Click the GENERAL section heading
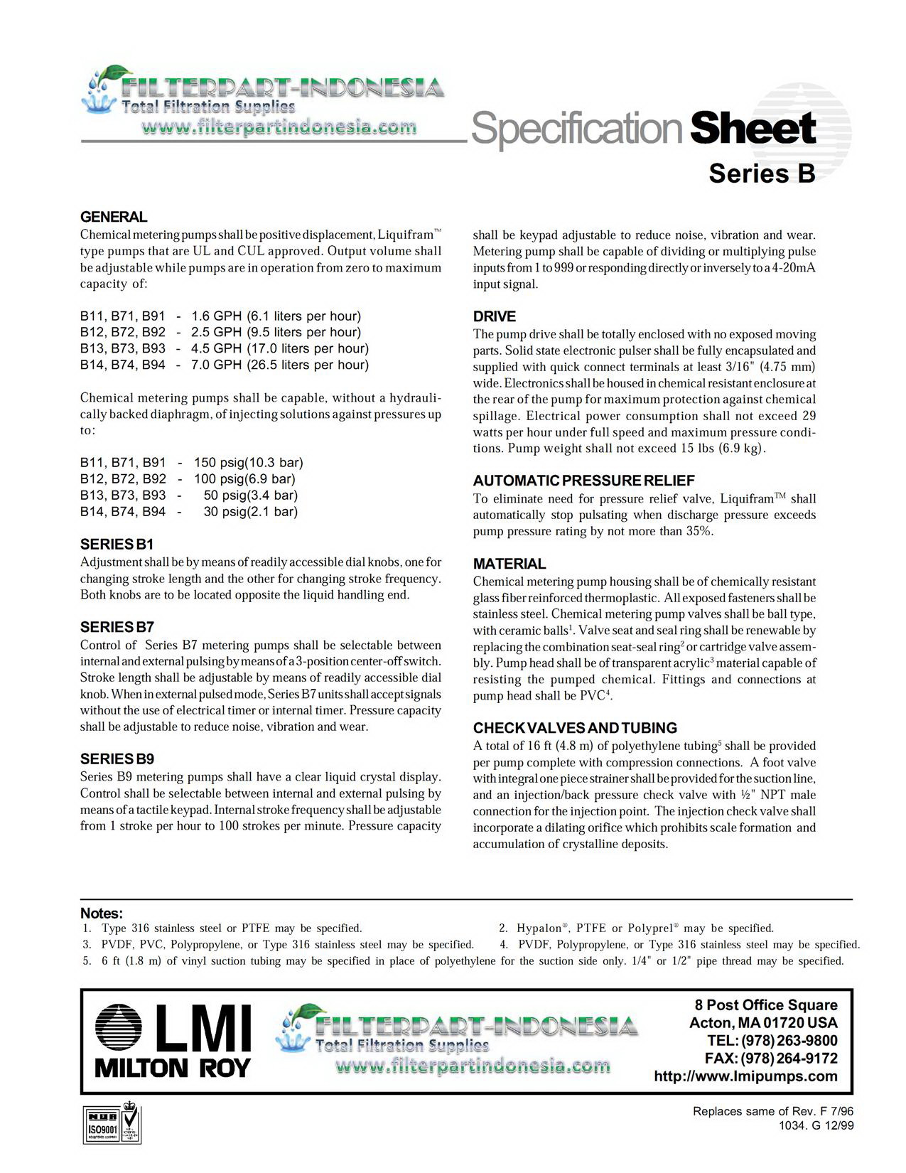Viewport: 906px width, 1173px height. (x=114, y=217)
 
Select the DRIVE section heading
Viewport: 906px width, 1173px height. (x=495, y=316)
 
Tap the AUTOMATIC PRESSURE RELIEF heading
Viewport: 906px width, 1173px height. (x=583, y=481)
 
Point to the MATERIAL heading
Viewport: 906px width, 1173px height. (x=509, y=564)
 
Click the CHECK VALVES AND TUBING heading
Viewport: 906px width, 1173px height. (x=575, y=728)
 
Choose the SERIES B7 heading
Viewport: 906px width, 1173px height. (x=117, y=627)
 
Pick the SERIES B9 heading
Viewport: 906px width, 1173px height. (x=117, y=759)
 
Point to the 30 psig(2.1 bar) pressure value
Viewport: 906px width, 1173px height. (x=250, y=512)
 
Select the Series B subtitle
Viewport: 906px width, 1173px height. (x=762, y=173)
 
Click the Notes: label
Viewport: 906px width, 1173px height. (x=102, y=914)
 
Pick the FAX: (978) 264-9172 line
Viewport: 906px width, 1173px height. (x=770, y=1059)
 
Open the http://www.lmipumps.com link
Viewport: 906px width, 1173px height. (x=745, y=1076)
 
